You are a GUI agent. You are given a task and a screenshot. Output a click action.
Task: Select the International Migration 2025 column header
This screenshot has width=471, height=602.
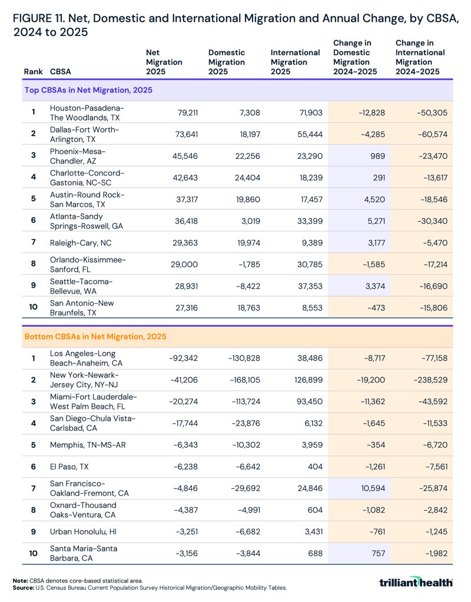click(295, 62)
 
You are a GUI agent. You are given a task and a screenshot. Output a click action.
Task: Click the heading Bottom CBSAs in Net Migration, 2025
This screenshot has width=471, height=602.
click(95, 337)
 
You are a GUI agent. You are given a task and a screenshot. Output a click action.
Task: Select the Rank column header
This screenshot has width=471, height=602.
click(33, 72)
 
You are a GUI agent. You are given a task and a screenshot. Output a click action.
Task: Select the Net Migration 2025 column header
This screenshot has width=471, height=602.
click(164, 62)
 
